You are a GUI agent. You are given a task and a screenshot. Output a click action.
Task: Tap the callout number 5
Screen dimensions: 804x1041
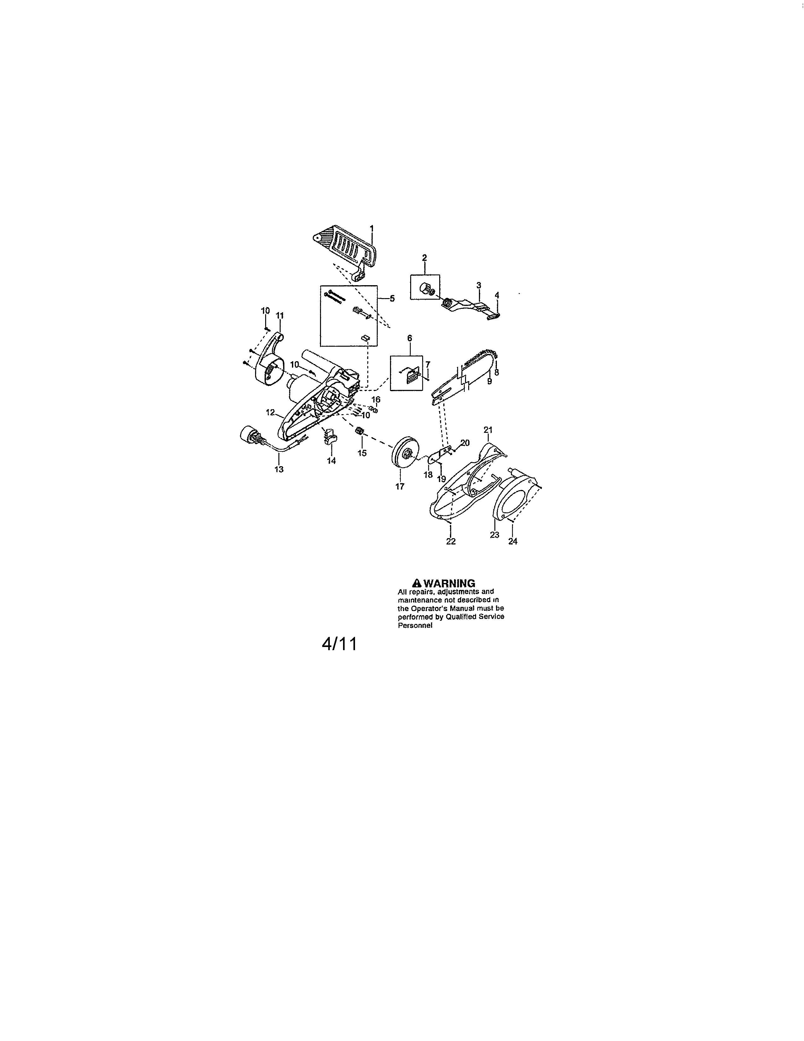tap(392, 299)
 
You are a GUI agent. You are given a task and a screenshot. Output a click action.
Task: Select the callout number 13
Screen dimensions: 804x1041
tap(279, 469)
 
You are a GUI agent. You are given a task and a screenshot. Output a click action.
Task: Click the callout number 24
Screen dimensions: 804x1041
tap(512, 541)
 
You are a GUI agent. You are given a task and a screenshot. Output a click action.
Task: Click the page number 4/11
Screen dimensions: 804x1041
tap(339, 644)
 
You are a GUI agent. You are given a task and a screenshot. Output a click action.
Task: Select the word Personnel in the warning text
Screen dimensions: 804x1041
tap(415, 626)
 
